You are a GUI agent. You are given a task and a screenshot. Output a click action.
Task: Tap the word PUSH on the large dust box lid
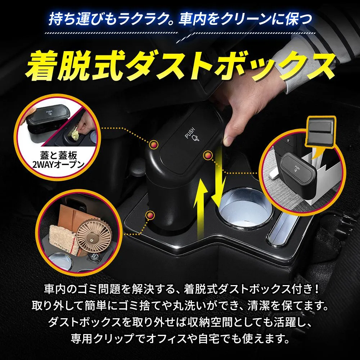click(190, 133)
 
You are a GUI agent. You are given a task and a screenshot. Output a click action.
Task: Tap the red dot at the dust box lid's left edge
click(154, 144)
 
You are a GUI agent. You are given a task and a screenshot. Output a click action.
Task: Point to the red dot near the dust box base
click(150, 215)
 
